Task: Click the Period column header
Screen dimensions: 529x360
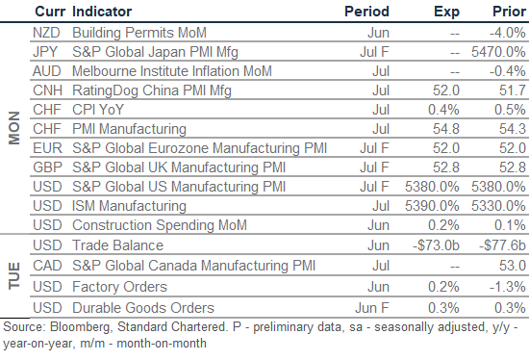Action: pyautogui.click(x=366, y=12)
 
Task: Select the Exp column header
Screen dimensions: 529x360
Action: pyautogui.click(x=446, y=13)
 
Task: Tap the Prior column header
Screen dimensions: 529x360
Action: pyautogui.click(x=509, y=12)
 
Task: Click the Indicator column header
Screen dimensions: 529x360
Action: pyautogui.click(x=102, y=12)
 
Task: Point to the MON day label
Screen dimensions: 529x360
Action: pyautogui.click(x=14, y=128)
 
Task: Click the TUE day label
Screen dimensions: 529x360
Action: pyautogui.click(x=14, y=275)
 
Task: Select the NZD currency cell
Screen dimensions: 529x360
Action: pyautogui.click(x=46, y=33)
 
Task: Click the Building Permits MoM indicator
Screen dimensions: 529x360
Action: pyautogui.click(x=139, y=33)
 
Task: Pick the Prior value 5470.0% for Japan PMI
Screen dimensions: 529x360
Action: pyautogui.click(x=498, y=52)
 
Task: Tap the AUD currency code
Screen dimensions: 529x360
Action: pyautogui.click(x=47, y=71)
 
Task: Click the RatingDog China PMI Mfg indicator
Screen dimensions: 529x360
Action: pyautogui.click(x=152, y=90)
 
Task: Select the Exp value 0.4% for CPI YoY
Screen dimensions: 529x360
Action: pyautogui.click(x=443, y=110)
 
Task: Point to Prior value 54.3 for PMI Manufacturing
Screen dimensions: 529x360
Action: pyautogui.click(x=513, y=129)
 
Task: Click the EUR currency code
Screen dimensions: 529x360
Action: pyautogui.click(x=47, y=148)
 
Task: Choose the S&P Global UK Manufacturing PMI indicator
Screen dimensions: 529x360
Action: pyautogui.click(x=179, y=167)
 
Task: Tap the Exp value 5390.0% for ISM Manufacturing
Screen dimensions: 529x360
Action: pyautogui.click(x=432, y=206)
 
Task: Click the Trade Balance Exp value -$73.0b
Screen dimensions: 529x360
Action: pyautogui.click(x=436, y=245)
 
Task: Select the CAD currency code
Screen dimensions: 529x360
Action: pyautogui.click(x=47, y=266)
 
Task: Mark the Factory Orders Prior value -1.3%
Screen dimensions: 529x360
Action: pyautogui.click(x=508, y=287)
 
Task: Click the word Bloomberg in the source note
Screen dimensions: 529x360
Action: pyautogui.click(x=80, y=327)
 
